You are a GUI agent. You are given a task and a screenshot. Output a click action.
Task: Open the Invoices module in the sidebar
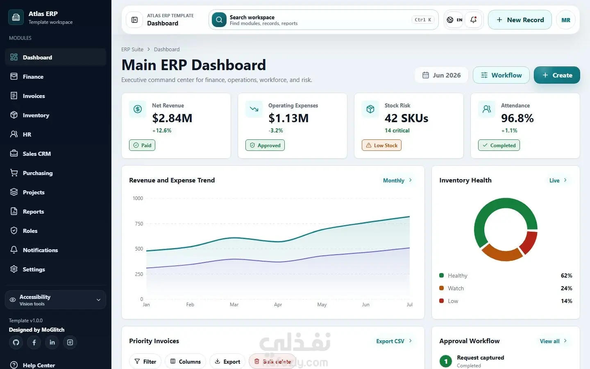(34, 96)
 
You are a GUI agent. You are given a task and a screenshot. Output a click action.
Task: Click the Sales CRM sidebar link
(36, 154)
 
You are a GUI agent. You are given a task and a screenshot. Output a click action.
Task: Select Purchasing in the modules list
(38, 173)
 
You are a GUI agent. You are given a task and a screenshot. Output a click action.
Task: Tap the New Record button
(520, 20)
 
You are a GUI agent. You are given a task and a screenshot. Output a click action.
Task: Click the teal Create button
(557, 75)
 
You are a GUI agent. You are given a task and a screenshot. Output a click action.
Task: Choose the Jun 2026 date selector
(441, 75)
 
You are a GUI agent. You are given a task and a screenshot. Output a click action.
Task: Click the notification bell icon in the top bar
(473, 20)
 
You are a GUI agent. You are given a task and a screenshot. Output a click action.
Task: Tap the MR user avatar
(566, 20)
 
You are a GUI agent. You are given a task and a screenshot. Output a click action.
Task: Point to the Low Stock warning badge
(382, 145)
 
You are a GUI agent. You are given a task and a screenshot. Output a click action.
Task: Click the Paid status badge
(142, 145)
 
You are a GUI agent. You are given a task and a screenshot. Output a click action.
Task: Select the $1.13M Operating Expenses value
(288, 118)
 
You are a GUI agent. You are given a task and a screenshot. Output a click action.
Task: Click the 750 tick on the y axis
(139, 223)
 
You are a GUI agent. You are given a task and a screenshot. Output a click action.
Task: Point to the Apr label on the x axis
(278, 304)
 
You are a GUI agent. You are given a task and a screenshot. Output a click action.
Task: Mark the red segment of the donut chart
(529, 242)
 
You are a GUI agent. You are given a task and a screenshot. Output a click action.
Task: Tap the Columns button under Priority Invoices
(186, 362)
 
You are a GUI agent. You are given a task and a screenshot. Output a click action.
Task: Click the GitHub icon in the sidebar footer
(16, 342)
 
